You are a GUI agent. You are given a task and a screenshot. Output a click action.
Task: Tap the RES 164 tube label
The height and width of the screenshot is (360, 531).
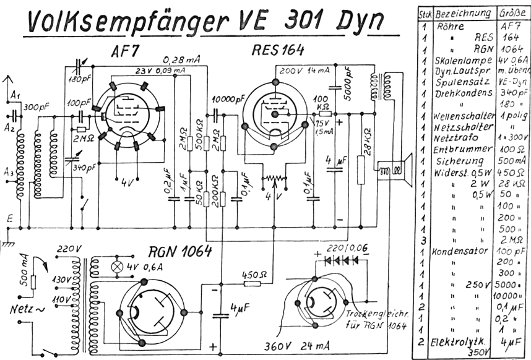[277, 50]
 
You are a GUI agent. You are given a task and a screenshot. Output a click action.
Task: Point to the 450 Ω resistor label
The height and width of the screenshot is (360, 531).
[253, 274]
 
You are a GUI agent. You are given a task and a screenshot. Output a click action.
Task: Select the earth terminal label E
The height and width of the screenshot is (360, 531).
[9, 218]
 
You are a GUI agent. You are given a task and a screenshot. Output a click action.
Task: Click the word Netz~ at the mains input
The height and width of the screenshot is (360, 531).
[25, 307]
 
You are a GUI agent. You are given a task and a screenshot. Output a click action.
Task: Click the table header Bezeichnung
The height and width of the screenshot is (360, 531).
[464, 13]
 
